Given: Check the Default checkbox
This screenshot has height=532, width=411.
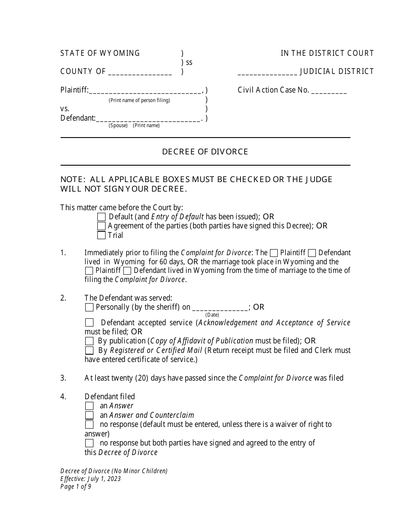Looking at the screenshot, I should (x=101, y=217).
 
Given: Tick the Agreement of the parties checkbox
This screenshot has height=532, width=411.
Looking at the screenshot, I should (x=101, y=226).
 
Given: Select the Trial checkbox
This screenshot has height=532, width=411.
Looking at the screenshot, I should (x=101, y=235).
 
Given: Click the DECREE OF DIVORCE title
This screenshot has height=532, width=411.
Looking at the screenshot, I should (x=205, y=152).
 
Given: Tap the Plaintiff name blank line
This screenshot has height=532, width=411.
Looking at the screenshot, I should (x=145, y=91).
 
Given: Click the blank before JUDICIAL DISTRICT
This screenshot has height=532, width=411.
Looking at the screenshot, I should (x=267, y=72).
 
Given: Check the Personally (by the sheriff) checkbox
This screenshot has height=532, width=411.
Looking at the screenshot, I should (x=89, y=308).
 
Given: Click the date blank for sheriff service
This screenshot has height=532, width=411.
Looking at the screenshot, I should (x=220, y=308).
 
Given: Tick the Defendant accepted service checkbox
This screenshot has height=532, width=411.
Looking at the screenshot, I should (x=89, y=323).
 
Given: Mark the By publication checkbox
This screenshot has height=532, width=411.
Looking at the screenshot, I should (x=89, y=341).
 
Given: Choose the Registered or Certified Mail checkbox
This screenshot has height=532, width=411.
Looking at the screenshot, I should (x=89, y=350).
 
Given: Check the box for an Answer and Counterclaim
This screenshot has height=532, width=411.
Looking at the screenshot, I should (x=89, y=415).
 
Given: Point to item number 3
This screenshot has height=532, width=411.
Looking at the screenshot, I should (x=63, y=378).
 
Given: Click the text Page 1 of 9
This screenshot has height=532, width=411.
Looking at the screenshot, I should (x=76, y=486).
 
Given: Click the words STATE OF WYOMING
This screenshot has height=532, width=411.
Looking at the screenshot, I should (x=100, y=53).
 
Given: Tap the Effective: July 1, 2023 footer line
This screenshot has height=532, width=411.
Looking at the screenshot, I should (x=90, y=479).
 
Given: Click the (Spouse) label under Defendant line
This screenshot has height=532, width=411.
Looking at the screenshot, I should (x=118, y=125).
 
